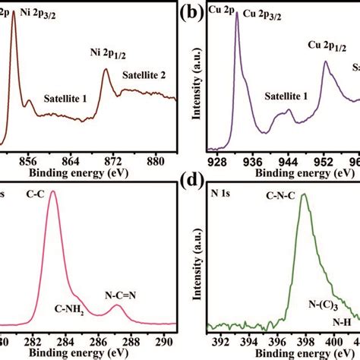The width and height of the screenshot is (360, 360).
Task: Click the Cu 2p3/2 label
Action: tap(276, 14)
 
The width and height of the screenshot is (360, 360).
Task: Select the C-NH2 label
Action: tap(71, 309)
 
